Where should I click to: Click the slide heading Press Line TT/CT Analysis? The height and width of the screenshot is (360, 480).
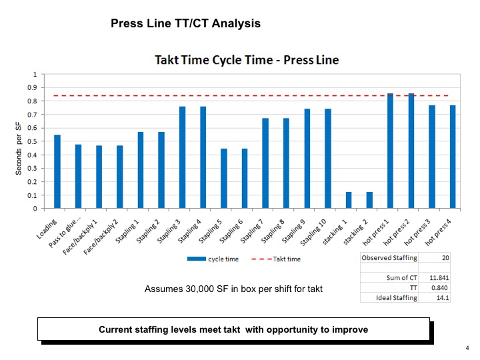[x=185, y=23]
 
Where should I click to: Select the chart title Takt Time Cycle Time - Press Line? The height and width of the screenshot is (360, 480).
[x=247, y=60]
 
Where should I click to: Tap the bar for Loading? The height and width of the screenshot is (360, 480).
[x=57, y=171]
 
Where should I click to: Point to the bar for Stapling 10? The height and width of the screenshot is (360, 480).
[x=328, y=159]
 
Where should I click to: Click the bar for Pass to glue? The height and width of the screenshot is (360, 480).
[x=78, y=176]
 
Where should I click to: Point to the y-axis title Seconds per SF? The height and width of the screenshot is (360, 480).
[x=19, y=148]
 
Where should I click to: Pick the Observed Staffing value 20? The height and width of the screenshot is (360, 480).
[x=444, y=257]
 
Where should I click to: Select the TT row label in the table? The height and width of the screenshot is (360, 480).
[x=413, y=287]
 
